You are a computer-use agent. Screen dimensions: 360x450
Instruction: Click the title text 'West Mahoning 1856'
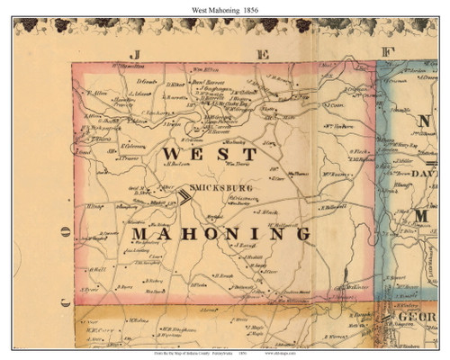[x=224, y=7]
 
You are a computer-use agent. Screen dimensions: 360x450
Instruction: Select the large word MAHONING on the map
[x=221, y=233]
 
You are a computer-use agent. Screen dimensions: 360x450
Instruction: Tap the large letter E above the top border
[x=263, y=54]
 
